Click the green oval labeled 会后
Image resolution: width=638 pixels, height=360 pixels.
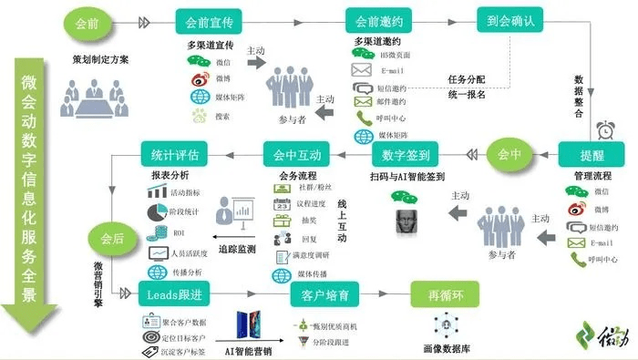pyautogui.click(x=110, y=240)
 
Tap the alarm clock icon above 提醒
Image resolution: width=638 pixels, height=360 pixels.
pyautogui.click(x=602, y=129)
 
